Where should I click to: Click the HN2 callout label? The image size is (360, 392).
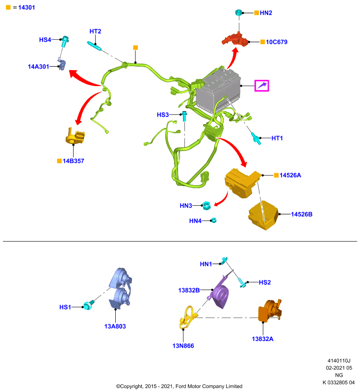(x=266, y=13)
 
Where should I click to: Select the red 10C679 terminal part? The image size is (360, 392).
(x=235, y=40)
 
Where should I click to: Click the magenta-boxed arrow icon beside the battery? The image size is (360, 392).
(x=262, y=86)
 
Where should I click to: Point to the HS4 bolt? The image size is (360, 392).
(x=65, y=41)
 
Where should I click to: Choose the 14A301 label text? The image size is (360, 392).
(x=38, y=67)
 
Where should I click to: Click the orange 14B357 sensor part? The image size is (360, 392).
(x=75, y=136)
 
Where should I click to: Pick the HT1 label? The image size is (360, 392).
(x=277, y=138)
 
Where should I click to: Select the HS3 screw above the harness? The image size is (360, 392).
(x=184, y=116)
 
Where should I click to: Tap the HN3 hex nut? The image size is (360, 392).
(x=206, y=205)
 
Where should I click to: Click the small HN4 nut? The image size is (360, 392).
(x=214, y=220)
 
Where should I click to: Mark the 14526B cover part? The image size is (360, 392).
(x=263, y=215)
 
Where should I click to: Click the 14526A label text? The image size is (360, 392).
(x=290, y=175)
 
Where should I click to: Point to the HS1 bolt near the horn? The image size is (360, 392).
(x=89, y=305)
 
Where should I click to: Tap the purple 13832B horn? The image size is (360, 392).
(x=219, y=293)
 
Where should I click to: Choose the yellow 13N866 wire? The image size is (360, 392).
(x=188, y=318)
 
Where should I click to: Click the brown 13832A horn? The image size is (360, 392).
(x=270, y=310)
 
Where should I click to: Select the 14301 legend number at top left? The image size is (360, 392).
(x=26, y=7)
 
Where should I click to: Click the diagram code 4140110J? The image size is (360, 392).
(x=339, y=361)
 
